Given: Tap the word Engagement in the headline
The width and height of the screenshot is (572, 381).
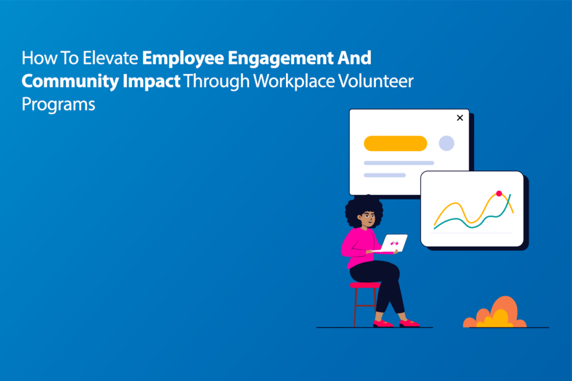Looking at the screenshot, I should (x=272, y=58).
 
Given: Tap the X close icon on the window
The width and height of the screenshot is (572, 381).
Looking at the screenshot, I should (x=460, y=118).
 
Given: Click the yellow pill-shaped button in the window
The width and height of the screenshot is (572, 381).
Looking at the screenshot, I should (x=395, y=143).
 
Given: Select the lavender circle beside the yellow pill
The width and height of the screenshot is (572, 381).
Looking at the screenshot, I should (x=446, y=143).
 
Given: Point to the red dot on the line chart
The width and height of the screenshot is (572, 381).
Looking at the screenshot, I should (x=499, y=194).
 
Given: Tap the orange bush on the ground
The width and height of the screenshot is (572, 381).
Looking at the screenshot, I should (x=494, y=314).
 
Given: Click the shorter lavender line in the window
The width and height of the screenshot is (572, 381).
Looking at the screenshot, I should (x=384, y=175).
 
